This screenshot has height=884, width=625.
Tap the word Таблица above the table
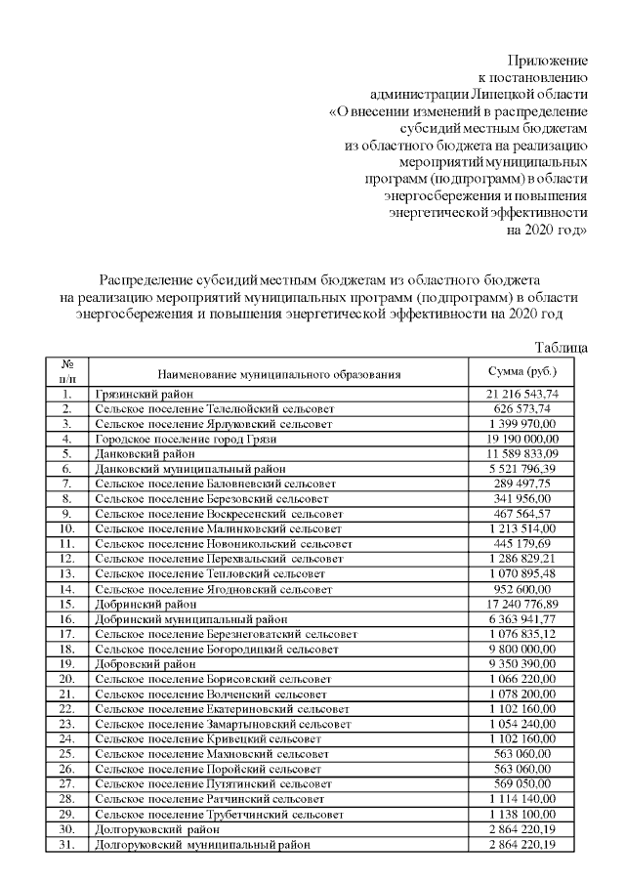pyautogui.click(x=562, y=347)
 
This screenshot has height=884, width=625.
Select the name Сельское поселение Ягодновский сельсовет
pyautogui.click(x=215, y=589)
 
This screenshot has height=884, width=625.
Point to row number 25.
pyautogui.click(x=66, y=754)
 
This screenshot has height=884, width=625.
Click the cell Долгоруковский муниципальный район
pyautogui.click(x=201, y=844)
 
